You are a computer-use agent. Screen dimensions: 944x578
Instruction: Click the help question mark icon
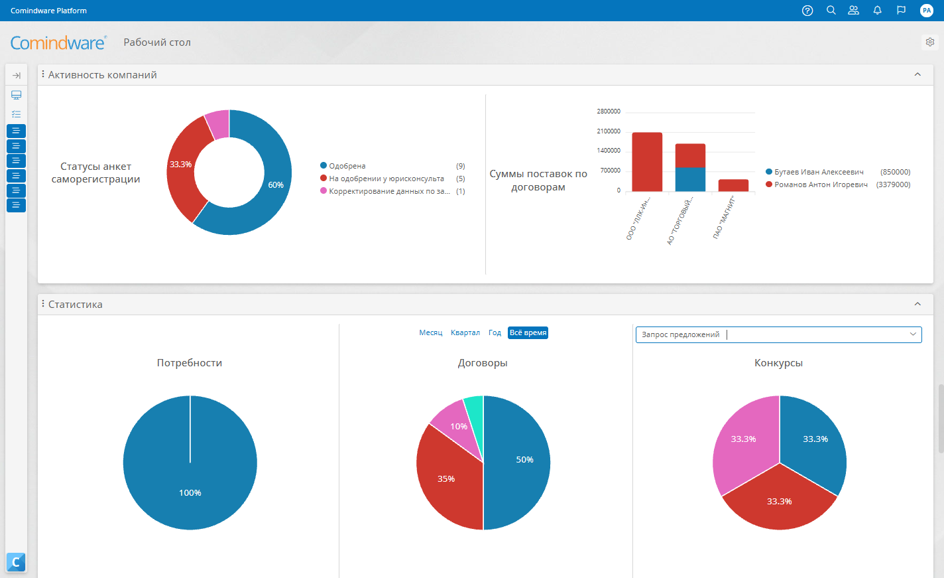tap(807, 11)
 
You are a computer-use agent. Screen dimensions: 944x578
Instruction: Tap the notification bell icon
tap(878, 11)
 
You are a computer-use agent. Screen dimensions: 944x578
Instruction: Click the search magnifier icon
tap(831, 10)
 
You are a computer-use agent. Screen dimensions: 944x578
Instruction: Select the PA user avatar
tap(926, 11)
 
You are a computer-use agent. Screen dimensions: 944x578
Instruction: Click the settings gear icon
tap(930, 42)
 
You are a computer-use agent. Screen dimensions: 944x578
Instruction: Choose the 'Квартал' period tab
tap(465, 332)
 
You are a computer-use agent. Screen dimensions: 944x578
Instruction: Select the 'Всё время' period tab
tap(528, 332)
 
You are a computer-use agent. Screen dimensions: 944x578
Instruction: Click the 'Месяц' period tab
tap(431, 332)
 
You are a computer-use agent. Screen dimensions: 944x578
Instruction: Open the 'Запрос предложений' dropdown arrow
tap(913, 334)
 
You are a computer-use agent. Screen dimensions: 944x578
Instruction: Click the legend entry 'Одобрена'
tap(347, 166)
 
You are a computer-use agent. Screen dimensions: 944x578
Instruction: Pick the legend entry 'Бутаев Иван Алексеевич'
tap(819, 172)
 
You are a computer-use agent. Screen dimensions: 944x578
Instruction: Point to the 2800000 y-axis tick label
tap(609, 111)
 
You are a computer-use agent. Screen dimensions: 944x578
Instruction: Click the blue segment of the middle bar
tap(690, 180)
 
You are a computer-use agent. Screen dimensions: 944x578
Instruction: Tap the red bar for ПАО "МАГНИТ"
tap(733, 185)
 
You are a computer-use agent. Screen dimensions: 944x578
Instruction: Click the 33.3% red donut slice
tap(186, 169)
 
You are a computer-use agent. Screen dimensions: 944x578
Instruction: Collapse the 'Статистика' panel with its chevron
tap(917, 304)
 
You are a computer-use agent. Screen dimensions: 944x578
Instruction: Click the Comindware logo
tap(58, 42)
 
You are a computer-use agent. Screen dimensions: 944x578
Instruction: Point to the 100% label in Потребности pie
tap(190, 493)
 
